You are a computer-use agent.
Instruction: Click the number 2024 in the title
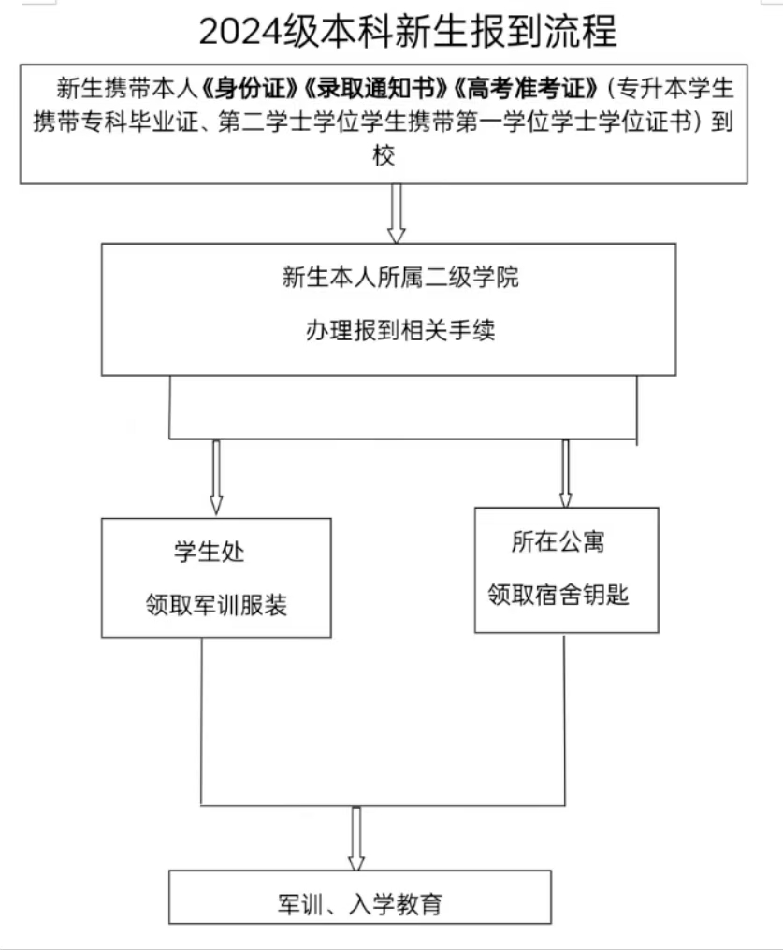pos(239,33)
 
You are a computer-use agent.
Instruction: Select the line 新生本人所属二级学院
pos(400,278)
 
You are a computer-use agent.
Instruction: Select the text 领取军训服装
pos(216,605)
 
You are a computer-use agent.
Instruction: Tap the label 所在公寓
pos(551,542)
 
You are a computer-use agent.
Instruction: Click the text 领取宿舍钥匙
pos(558,595)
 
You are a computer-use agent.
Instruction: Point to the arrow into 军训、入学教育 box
pos(355,838)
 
